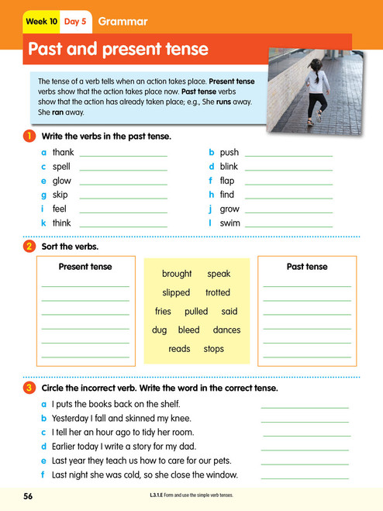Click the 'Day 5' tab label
(75, 21)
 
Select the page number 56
(29, 495)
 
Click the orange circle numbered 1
(29, 136)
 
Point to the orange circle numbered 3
(29, 388)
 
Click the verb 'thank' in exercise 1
(63, 153)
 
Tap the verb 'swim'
(230, 223)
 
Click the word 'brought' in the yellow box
(177, 274)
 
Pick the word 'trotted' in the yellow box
(218, 292)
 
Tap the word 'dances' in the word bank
(226, 330)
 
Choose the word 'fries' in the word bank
(163, 312)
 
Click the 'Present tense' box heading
(85, 267)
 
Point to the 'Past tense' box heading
(307, 267)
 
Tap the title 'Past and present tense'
(118, 50)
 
